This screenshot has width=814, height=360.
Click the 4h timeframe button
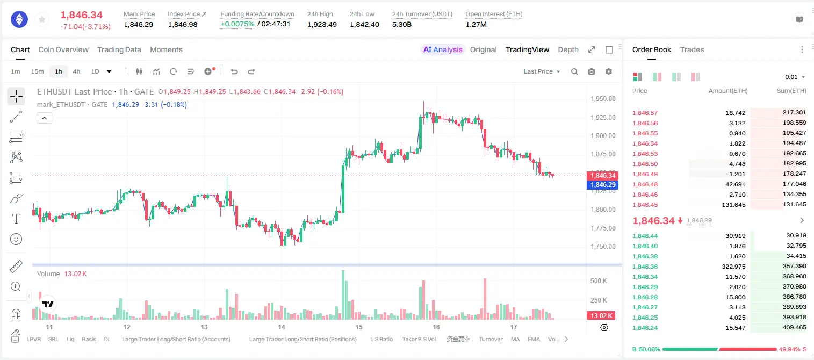(x=76, y=71)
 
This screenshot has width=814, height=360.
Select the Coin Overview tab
(x=63, y=49)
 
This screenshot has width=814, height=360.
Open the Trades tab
(x=692, y=49)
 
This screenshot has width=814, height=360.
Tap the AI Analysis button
(x=443, y=49)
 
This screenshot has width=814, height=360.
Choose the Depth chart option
(x=568, y=49)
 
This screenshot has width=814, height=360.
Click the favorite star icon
(x=42, y=19)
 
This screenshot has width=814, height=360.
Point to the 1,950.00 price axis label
(x=603, y=99)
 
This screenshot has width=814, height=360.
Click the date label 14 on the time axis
(x=281, y=327)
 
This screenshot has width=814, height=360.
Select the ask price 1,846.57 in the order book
(x=645, y=113)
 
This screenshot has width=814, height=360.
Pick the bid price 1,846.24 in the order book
(x=645, y=328)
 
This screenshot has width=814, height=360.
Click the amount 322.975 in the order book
(x=733, y=267)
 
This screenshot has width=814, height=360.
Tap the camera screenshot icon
(x=592, y=71)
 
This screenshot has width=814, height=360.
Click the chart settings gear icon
(x=609, y=71)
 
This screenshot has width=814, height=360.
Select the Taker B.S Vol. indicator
(x=419, y=339)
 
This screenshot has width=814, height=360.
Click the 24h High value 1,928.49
(x=322, y=24)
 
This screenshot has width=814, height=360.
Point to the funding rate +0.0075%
(x=237, y=24)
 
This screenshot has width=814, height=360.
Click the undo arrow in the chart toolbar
(x=234, y=71)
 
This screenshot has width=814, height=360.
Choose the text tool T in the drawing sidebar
(x=16, y=219)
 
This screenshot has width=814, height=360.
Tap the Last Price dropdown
(x=542, y=71)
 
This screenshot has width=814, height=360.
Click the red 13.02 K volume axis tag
(x=602, y=315)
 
